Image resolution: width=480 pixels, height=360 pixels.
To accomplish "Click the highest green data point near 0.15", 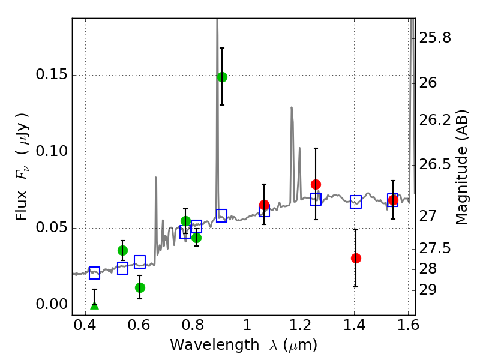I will click(222, 77).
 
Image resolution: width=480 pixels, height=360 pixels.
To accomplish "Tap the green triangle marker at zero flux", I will click(94, 305).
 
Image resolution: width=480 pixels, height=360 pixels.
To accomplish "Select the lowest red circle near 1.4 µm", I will click(356, 258).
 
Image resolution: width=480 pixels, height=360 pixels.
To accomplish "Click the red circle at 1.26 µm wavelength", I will click(316, 184).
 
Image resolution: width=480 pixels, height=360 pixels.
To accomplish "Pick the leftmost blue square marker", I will click(94, 273).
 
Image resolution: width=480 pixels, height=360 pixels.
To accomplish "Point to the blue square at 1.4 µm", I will click(356, 202).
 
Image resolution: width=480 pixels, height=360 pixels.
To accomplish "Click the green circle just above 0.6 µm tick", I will click(140, 287).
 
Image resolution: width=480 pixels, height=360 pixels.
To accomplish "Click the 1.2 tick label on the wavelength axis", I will click(300, 327).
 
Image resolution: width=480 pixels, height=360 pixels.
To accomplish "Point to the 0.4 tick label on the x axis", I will click(85, 327).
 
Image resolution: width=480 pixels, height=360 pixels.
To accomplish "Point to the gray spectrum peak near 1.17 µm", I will click(292, 109).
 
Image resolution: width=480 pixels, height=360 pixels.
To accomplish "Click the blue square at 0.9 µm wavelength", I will click(222, 215).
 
